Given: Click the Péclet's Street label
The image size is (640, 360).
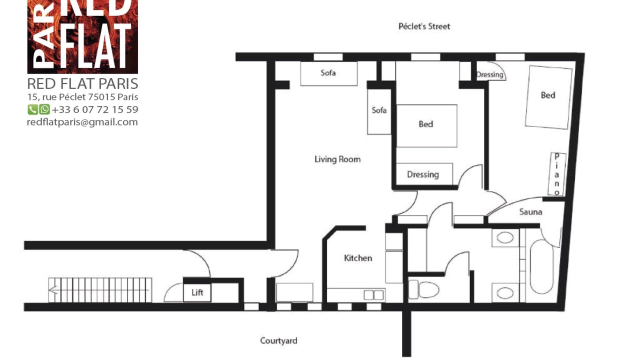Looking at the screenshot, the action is pos(424,26).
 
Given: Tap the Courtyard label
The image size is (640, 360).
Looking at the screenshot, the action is pos(278,340).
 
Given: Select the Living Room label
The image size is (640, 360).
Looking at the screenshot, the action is pos(337,159).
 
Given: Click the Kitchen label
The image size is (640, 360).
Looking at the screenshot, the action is pos(358,258).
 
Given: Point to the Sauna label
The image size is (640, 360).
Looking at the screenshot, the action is pos(530,211).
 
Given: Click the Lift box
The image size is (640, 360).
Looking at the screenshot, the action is pos(197,292).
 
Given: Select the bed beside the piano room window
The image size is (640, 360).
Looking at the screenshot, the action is pos(548,97).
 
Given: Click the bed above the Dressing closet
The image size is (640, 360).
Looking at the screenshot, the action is pos(426,126).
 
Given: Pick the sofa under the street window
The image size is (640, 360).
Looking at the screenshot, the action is pos(328,73).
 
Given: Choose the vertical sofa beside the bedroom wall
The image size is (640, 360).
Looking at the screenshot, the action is pos(379,111).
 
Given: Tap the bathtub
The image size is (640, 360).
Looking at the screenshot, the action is pos(541,267).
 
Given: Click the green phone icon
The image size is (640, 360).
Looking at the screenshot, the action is pos(32,109).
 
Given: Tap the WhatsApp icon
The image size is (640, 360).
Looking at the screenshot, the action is pos(44,109).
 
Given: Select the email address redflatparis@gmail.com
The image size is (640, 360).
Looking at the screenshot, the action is pos(82,122).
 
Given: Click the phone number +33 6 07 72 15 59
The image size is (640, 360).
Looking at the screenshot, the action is pos(95,109).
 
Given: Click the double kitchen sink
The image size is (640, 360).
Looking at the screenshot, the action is pos(373,295).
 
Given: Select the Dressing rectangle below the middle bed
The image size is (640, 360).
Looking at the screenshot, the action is pos(424,174).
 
